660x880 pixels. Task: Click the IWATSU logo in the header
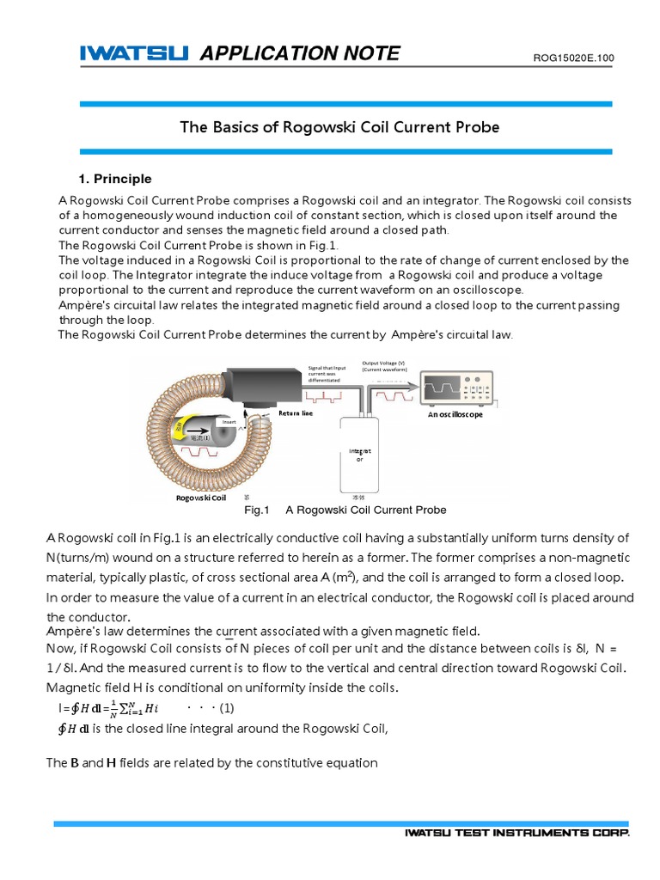(134, 54)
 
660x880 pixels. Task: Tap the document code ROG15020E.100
(574, 58)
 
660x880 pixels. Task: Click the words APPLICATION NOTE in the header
(299, 54)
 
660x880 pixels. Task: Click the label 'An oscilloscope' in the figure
(455, 414)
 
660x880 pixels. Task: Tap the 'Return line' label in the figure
(295, 413)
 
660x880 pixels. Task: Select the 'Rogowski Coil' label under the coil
(200, 498)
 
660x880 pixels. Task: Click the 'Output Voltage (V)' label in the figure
(384, 364)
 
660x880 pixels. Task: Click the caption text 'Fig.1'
(257, 510)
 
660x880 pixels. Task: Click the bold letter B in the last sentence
(75, 763)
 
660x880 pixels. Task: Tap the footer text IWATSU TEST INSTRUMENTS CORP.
(517, 834)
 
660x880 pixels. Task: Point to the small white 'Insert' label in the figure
(229, 422)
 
